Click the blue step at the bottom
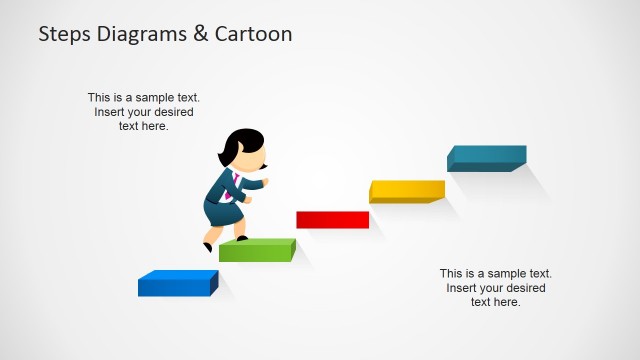[x=177, y=283]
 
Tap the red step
[x=332, y=219]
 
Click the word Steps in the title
[x=66, y=34]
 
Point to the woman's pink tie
[x=238, y=186]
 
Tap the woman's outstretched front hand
[x=263, y=183]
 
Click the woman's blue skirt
[x=220, y=211]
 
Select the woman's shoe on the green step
[x=242, y=238]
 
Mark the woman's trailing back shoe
[x=207, y=246]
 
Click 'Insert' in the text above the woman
[x=112, y=112]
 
